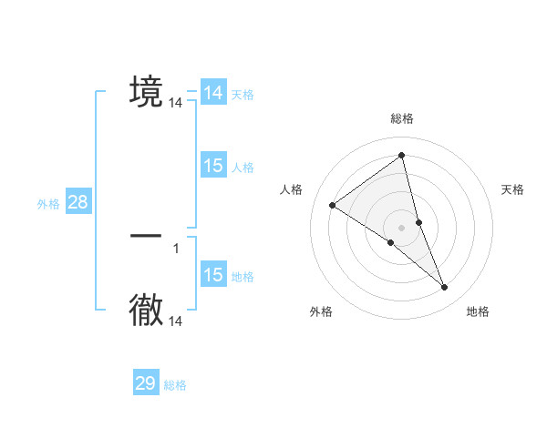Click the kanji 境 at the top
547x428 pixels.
146,92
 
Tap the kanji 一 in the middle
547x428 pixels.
146,236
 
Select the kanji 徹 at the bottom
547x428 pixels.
146,311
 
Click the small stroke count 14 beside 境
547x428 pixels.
176,104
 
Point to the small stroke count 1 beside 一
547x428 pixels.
176,248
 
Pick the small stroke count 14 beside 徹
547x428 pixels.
176,321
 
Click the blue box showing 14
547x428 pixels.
213,93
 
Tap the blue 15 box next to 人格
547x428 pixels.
213,166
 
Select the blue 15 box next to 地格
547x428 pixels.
213,275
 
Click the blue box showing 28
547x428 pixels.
77,202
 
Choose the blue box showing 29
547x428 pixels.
146,383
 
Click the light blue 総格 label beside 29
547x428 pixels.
175,385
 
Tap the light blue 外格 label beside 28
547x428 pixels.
48,204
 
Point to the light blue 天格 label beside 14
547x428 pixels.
243,95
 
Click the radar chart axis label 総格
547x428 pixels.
401,118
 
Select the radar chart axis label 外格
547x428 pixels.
321,311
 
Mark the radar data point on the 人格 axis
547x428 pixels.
333,205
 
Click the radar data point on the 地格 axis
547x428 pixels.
445,288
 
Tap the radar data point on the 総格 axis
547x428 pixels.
401,156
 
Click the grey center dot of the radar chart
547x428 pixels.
401,228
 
